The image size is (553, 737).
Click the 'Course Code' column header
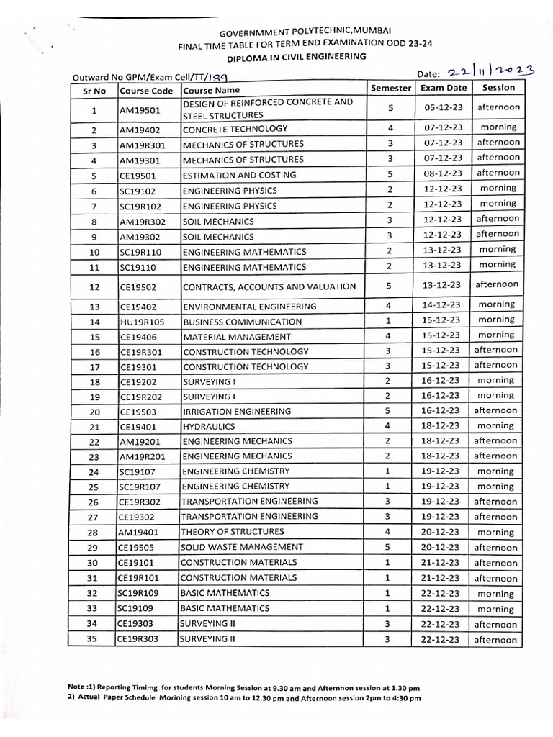pos(146,91)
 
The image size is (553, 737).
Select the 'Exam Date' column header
pos(443,88)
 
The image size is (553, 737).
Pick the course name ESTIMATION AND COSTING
pos(229,175)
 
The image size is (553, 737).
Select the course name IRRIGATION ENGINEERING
pos(227,411)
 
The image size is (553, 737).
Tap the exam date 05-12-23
pos(442,109)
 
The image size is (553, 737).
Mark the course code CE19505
pos(138,548)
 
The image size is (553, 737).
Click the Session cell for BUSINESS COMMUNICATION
pos(497,320)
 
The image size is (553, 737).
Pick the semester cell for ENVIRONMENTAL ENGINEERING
pos(389,305)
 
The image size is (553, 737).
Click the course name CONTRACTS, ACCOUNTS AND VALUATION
pos(269,286)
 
